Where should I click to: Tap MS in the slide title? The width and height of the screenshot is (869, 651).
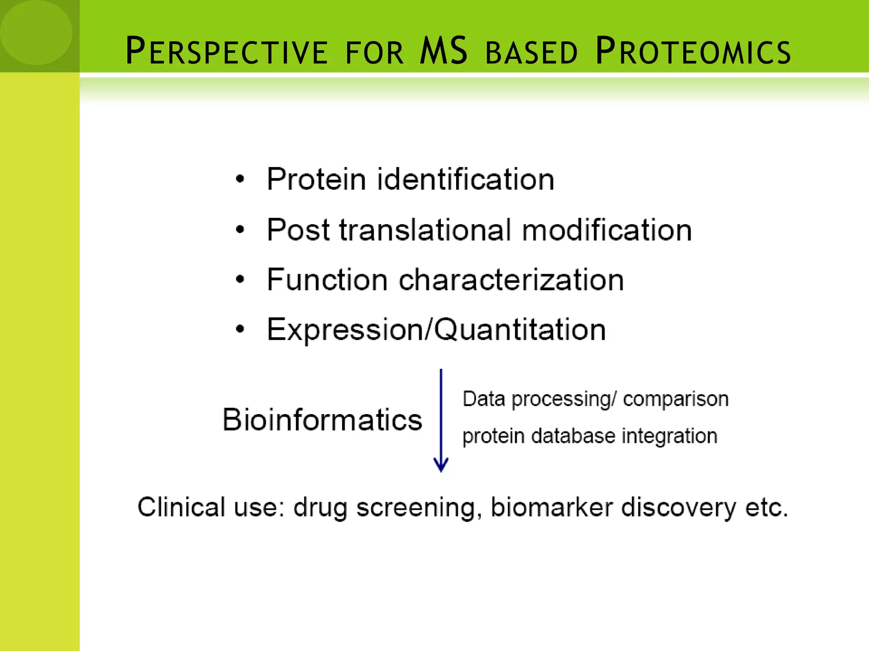click(443, 51)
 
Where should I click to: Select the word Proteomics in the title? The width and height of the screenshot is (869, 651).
click(693, 52)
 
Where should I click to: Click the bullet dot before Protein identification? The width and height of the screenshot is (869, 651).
click(240, 179)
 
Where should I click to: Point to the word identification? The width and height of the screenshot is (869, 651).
click(465, 179)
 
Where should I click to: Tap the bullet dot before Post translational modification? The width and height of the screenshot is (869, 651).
click(240, 230)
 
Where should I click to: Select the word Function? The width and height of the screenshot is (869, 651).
click(327, 280)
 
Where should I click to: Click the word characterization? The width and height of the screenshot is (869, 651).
click(511, 280)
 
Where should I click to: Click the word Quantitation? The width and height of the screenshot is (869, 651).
click(520, 330)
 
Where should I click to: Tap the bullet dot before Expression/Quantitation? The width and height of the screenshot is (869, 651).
click(240, 329)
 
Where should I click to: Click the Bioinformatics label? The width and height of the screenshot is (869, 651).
click(322, 420)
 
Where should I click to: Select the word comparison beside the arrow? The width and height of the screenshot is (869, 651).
click(676, 399)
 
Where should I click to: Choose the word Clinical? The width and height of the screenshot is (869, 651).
click(181, 507)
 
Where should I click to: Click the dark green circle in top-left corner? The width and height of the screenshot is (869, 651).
click(36, 32)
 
